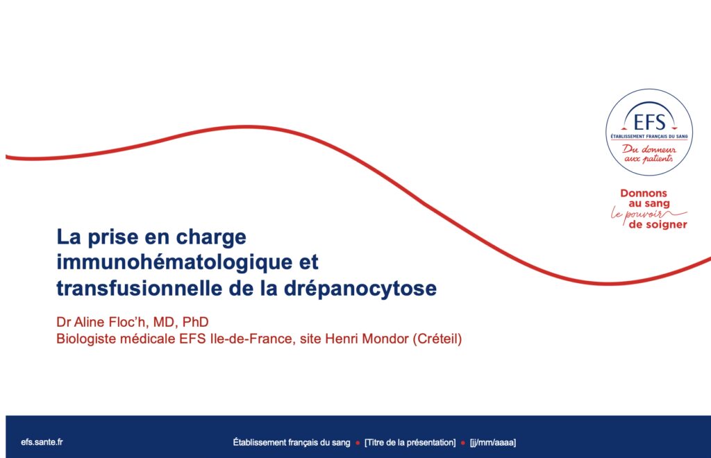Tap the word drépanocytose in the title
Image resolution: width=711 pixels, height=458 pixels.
360,289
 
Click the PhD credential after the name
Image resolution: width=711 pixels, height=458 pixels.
195,322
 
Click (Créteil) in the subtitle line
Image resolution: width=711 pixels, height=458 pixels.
437,339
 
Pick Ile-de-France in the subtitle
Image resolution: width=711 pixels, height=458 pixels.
251,339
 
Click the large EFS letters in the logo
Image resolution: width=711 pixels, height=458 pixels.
649,122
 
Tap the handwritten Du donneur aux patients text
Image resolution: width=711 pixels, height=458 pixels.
649,153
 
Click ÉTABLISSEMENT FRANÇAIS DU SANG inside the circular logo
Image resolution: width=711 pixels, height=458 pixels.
649,136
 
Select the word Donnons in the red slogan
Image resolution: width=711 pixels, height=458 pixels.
644,193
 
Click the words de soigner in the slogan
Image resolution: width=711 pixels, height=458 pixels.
658,224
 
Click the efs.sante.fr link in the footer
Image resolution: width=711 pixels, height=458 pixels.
42,442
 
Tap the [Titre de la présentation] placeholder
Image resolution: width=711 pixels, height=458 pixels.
410,443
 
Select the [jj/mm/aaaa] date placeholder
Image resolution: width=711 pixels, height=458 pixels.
493,443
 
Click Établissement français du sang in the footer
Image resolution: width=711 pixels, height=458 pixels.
292,443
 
